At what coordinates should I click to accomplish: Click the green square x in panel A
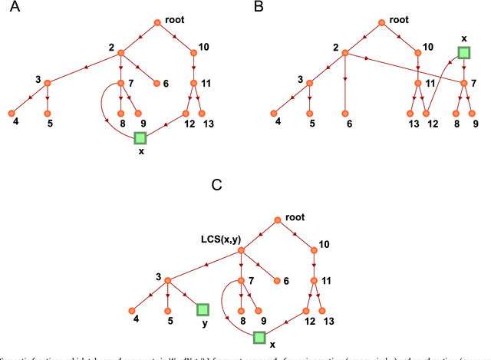tap(140, 138)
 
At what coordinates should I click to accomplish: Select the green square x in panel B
tap(464, 52)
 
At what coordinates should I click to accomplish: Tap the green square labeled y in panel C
tap(203, 309)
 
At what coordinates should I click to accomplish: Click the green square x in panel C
tap(259, 336)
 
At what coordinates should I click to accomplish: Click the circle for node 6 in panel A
tap(157, 83)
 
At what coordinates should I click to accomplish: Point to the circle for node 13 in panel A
tap(203, 113)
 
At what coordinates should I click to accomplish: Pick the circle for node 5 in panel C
tap(168, 309)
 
